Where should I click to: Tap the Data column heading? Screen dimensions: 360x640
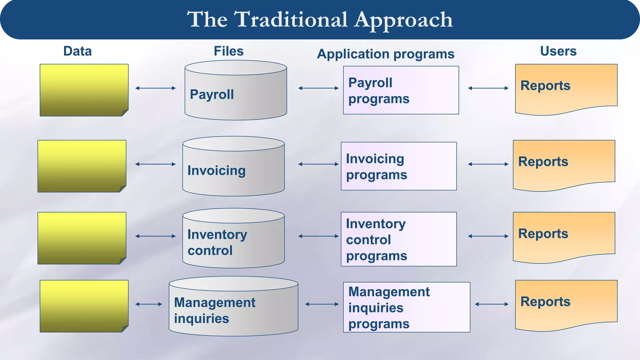click(77, 51)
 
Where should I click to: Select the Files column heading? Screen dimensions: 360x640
click(228, 51)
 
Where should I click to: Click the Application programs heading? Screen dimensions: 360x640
click(386, 54)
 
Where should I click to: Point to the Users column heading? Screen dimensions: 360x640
click(558, 51)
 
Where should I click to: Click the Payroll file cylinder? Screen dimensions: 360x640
click(236, 94)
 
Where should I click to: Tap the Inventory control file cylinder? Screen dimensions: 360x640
click(233, 242)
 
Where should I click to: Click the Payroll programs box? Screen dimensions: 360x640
click(401, 90)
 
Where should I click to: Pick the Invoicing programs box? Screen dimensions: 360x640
click(399, 166)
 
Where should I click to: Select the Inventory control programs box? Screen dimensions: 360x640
click(399, 239)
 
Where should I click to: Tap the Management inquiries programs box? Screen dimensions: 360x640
click(407, 307)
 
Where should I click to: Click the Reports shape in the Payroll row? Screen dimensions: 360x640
click(566, 87)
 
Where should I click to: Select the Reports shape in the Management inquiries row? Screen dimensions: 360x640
click(566, 303)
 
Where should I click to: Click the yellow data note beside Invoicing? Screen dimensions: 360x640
click(82, 166)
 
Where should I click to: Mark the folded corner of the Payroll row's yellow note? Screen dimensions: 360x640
click(125, 112)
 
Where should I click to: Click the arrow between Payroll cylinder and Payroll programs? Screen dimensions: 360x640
click(318, 88)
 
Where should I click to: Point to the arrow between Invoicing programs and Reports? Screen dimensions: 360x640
click(488, 164)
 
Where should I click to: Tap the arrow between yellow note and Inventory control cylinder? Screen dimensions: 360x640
click(155, 236)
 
